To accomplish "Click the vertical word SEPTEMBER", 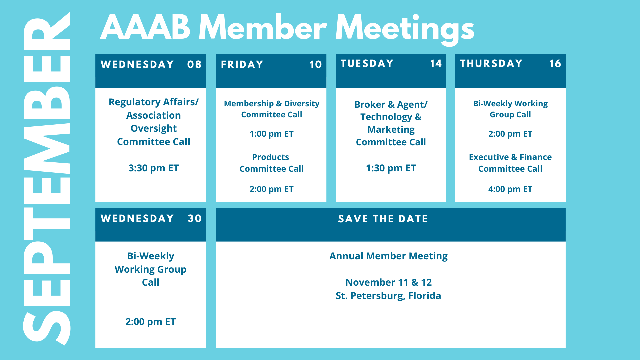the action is (47, 179).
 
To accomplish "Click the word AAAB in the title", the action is (146, 27).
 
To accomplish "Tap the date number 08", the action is (194, 64).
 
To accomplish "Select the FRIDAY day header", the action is (242, 64).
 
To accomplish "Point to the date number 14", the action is (436, 63).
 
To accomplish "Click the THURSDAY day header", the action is (491, 63).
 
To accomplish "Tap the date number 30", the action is (195, 218).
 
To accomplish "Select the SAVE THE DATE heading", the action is (383, 219).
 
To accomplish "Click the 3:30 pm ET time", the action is (154, 168).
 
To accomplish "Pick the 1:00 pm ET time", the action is (272, 134).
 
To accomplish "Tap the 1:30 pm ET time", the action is (391, 168).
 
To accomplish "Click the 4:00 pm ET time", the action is (510, 189).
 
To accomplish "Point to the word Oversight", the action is (154, 129).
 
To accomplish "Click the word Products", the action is (271, 157).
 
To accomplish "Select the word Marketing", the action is (391, 130).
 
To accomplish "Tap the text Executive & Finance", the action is (510, 157).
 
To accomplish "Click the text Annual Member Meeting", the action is (388, 256).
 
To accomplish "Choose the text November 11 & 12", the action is (388, 282).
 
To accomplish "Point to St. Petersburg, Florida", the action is (388, 296).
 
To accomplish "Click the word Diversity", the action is (302, 104).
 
